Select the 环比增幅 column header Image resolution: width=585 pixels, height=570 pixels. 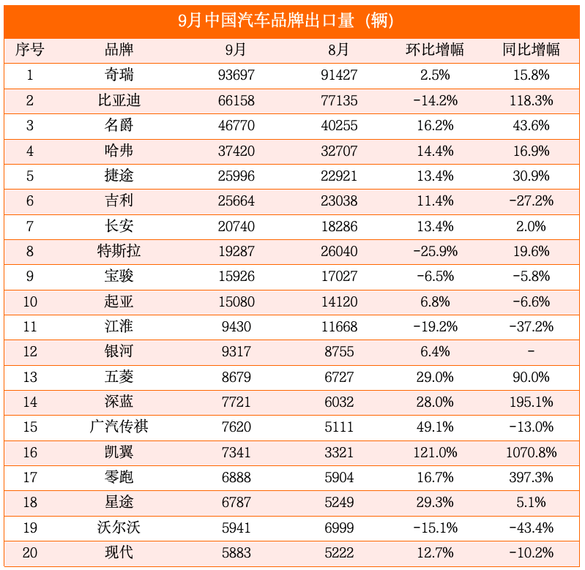click(435, 50)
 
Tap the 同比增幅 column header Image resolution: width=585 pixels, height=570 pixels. click(531, 50)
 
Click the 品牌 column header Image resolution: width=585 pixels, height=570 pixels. click(119, 50)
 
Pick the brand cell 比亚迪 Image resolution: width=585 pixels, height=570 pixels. click(119, 100)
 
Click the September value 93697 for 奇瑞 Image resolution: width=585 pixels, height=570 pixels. click(236, 75)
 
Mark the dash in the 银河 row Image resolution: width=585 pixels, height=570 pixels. click(531, 352)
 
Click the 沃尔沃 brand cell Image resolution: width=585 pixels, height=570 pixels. click(119, 528)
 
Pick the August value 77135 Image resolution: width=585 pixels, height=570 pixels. click(339, 100)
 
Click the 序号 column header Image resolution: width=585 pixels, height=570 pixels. click(30, 50)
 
